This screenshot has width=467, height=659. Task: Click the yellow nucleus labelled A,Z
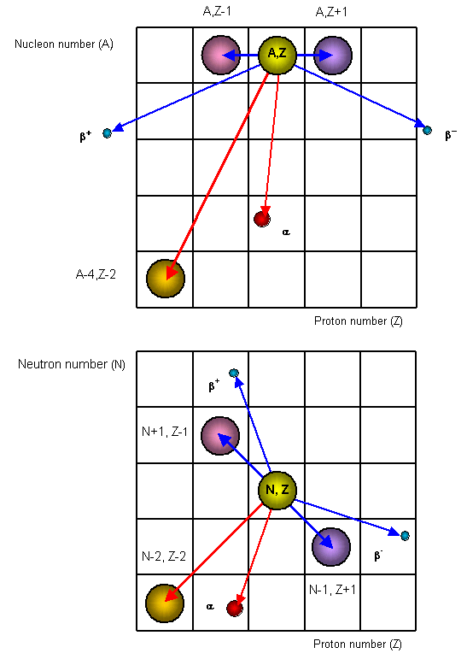(x=277, y=55)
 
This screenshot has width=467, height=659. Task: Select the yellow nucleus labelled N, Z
(x=277, y=490)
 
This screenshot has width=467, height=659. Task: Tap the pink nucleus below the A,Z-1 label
(x=221, y=55)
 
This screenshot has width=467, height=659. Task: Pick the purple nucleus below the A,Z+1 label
(x=333, y=55)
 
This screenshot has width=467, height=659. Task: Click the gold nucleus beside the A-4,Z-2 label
(x=166, y=279)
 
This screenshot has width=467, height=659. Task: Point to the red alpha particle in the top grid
(x=262, y=219)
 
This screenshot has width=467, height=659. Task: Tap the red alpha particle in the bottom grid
(x=235, y=609)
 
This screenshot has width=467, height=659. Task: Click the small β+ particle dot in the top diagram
(x=107, y=133)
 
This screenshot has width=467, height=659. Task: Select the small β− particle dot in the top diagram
(x=427, y=130)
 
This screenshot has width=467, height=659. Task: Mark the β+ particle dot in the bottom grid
(x=234, y=373)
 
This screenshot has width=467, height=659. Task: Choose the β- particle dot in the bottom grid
(x=405, y=536)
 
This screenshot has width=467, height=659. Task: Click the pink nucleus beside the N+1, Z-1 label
(x=220, y=436)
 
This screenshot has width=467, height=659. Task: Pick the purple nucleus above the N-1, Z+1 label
(x=331, y=547)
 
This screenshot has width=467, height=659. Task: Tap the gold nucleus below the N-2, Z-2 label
(x=165, y=603)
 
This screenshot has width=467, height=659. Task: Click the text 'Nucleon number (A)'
(x=64, y=44)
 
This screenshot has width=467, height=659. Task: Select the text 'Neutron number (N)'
(x=72, y=364)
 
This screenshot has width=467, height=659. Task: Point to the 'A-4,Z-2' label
(x=96, y=274)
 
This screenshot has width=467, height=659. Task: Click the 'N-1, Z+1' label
(x=332, y=590)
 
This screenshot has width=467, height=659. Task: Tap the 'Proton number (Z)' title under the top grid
(x=359, y=321)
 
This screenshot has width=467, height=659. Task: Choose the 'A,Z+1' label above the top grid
(x=331, y=12)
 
